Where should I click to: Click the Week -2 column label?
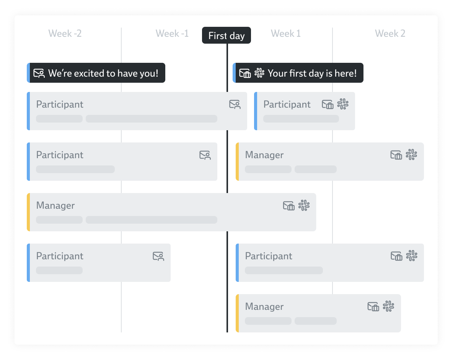65,34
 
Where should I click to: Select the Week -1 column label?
172,34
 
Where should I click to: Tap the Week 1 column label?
286,34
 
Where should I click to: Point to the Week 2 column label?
390,34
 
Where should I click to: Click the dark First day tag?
226,36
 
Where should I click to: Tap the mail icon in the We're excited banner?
39,73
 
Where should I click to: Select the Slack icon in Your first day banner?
259,73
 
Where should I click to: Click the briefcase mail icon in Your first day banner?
245,73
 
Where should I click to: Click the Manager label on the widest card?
55,206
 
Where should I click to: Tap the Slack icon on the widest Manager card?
304,206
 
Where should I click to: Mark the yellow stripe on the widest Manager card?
28,212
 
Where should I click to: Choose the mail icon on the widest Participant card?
235,105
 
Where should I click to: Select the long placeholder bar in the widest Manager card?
152,220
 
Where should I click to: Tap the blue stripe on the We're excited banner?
28,73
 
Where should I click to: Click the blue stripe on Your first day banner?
234,73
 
